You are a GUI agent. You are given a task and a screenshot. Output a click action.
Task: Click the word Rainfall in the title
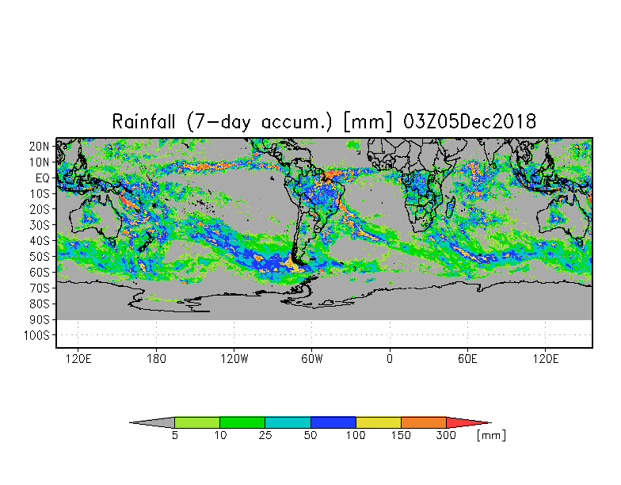point(146,122)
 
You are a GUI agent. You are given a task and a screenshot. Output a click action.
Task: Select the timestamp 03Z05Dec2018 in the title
point(470,122)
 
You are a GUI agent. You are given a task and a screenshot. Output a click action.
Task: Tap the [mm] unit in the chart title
point(368,122)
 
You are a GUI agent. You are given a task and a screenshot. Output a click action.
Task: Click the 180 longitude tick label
point(156,359)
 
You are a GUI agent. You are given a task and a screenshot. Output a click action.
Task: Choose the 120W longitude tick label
point(234,359)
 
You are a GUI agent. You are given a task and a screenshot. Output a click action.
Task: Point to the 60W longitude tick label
point(312,359)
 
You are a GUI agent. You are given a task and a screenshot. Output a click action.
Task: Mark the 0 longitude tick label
point(390,359)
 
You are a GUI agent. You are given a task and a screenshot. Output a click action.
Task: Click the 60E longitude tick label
point(467,359)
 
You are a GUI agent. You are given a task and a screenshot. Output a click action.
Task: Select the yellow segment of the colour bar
point(379,422)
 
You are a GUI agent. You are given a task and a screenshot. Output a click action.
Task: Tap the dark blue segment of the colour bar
point(333,422)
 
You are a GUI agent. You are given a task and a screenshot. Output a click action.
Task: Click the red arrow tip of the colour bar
point(467,422)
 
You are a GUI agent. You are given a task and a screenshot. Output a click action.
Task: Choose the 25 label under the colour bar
point(265,436)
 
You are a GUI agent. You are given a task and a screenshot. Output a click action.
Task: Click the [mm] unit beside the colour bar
point(491,435)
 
